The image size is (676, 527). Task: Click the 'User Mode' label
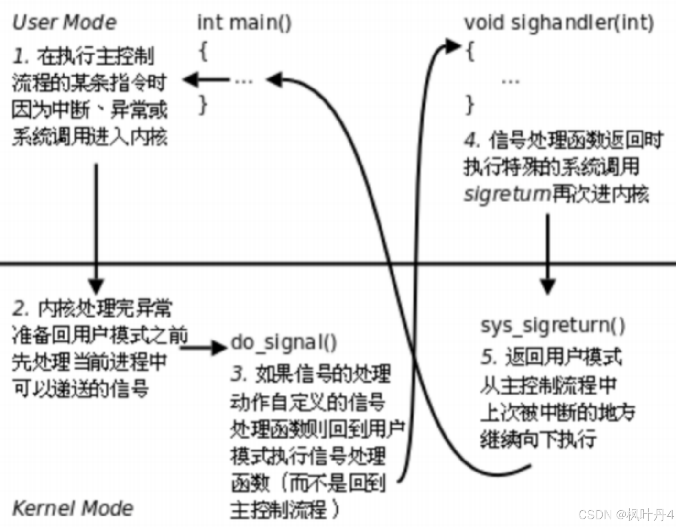tap(65, 22)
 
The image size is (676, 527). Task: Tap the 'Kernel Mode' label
tap(73, 508)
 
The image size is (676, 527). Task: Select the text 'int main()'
tap(244, 22)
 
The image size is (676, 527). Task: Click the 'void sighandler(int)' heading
tap(559, 22)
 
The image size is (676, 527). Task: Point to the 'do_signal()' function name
tap(283, 343)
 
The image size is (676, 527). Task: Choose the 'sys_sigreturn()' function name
tap(553, 326)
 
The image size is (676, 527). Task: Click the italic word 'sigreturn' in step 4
tap(507, 195)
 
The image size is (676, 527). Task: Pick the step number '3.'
tap(239, 373)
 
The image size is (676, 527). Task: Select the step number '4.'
tap(472, 140)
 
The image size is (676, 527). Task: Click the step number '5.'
tap(489, 357)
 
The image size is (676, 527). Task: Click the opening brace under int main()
tap(204, 52)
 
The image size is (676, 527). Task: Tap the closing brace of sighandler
tap(470, 105)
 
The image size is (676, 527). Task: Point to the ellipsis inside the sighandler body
tap(511, 82)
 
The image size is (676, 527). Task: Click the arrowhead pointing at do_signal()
tap(219, 348)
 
